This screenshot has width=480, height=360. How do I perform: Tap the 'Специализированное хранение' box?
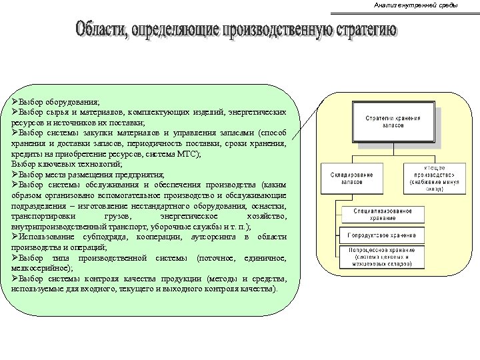point(383,213)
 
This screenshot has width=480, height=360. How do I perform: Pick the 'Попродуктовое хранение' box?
point(383,235)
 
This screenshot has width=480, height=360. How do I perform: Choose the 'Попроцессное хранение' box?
point(383,256)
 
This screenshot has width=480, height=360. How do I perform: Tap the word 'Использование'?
point(47,237)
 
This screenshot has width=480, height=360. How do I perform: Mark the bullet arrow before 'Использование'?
point(15,237)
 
